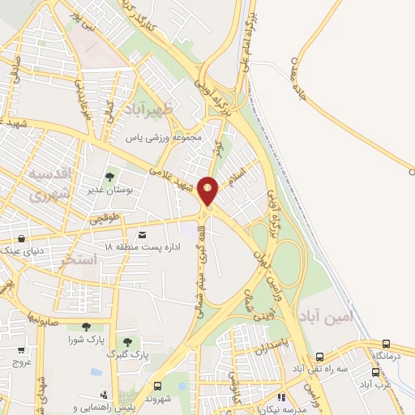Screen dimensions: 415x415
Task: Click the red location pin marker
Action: pyautogui.click(x=209, y=190)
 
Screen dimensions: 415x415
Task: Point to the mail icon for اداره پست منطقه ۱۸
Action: pyautogui.click(x=143, y=234)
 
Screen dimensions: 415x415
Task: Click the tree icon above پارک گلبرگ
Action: pyautogui.click(x=127, y=342)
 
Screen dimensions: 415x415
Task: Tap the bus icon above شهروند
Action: pyautogui.click(x=157, y=386)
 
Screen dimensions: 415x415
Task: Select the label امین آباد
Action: pyautogui.click(x=325, y=315)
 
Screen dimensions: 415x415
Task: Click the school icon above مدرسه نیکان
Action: pyautogui.click(x=281, y=396)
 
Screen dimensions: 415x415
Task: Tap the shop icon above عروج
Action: pyautogui.click(x=20, y=351)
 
